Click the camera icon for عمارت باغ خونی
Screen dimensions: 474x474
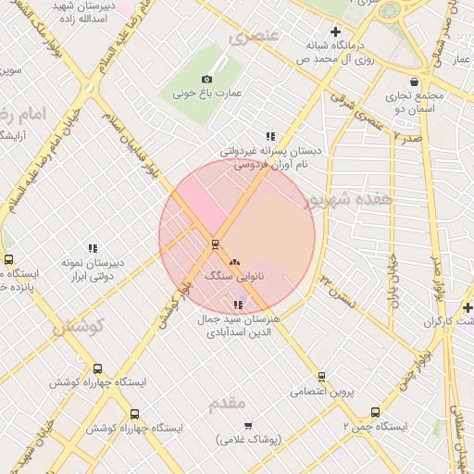pos(206,80)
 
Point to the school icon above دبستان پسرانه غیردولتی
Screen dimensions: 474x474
pos(270,136)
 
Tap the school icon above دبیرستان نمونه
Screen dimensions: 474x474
pos(93,248)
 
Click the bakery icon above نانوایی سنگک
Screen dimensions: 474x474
pos(233,263)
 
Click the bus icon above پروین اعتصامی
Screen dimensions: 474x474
pos(321,377)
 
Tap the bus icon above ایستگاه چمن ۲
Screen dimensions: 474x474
pos(375,412)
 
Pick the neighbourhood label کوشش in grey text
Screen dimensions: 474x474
pos(79,327)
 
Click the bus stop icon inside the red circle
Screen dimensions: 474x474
pos(215,244)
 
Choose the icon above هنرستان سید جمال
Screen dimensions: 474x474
pos(239,305)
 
